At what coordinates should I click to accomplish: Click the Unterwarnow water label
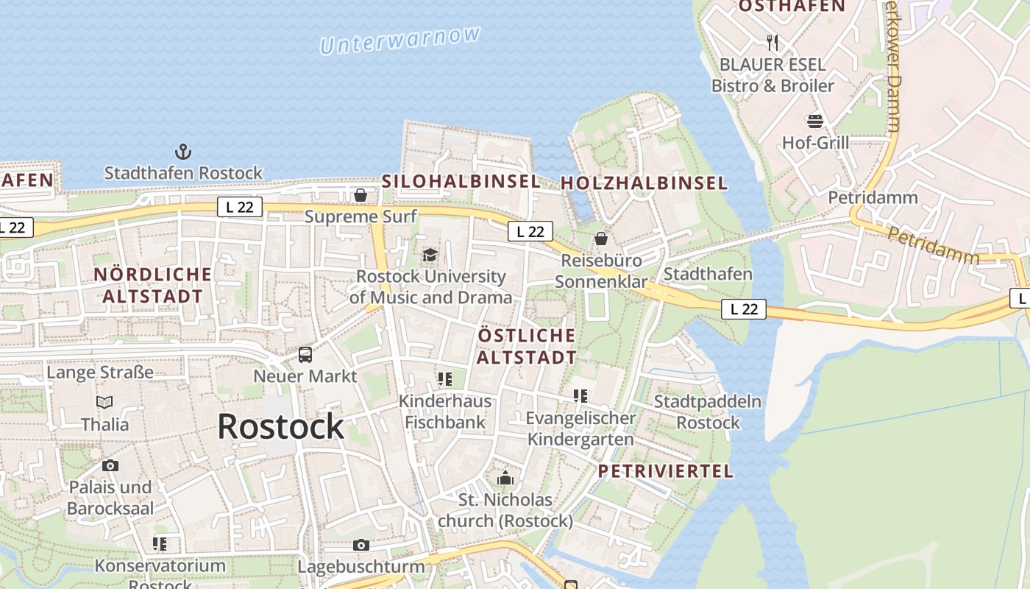click(x=401, y=40)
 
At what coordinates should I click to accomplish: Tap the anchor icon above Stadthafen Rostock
click(x=182, y=152)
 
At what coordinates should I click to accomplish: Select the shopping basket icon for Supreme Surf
click(x=360, y=195)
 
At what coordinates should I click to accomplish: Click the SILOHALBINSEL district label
click(x=461, y=181)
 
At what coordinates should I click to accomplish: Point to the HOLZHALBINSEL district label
click(x=644, y=183)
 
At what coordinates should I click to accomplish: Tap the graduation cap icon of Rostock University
click(x=430, y=255)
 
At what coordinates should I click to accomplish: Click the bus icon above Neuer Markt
click(x=305, y=355)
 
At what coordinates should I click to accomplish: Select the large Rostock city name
click(x=280, y=426)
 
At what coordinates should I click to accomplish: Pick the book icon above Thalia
click(x=104, y=402)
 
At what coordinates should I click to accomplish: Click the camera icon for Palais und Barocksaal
click(x=110, y=465)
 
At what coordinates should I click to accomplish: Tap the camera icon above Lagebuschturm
click(x=360, y=545)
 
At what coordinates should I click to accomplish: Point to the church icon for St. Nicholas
click(x=505, y=479)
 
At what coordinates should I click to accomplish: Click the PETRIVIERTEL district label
click(x=665, y=471)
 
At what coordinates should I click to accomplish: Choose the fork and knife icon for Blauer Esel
click(x=772, y=42)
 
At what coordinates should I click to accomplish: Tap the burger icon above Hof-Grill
click(x=814, y=121)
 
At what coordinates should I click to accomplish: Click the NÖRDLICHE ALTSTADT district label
click(x=153, y=285)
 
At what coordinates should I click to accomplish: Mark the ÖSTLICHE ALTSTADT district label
click(x=527, y=346)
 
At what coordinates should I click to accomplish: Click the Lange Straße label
click(x=100, y=372)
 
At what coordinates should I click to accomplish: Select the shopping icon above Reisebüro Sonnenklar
click(x=601, y=239)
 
